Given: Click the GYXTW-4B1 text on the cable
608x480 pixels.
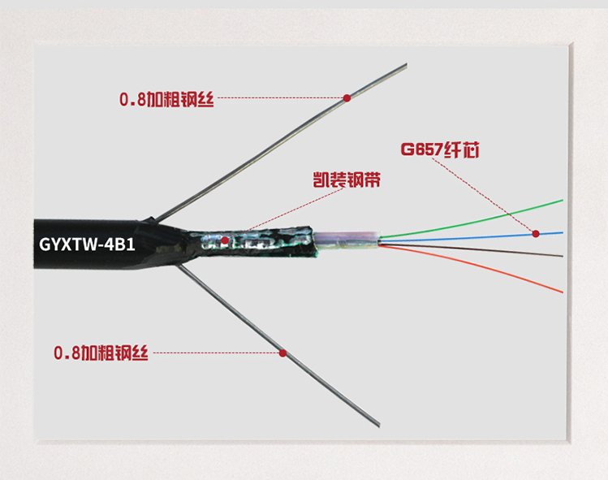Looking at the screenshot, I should point(87,242).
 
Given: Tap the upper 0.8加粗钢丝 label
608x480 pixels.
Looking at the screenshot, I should point(166,99).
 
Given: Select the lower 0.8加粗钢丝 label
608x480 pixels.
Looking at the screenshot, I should point(101,353).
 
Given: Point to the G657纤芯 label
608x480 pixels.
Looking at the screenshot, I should point(436,149).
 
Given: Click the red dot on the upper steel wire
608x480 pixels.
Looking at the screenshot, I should point(347,97).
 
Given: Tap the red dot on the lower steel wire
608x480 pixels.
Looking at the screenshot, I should point(282,353).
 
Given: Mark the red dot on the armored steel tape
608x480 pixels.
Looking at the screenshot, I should point(225,240).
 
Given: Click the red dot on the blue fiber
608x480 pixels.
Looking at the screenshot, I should point(536,234).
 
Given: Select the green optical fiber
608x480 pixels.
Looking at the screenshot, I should point(487,215).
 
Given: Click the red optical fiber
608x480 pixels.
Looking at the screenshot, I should point(487,268).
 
